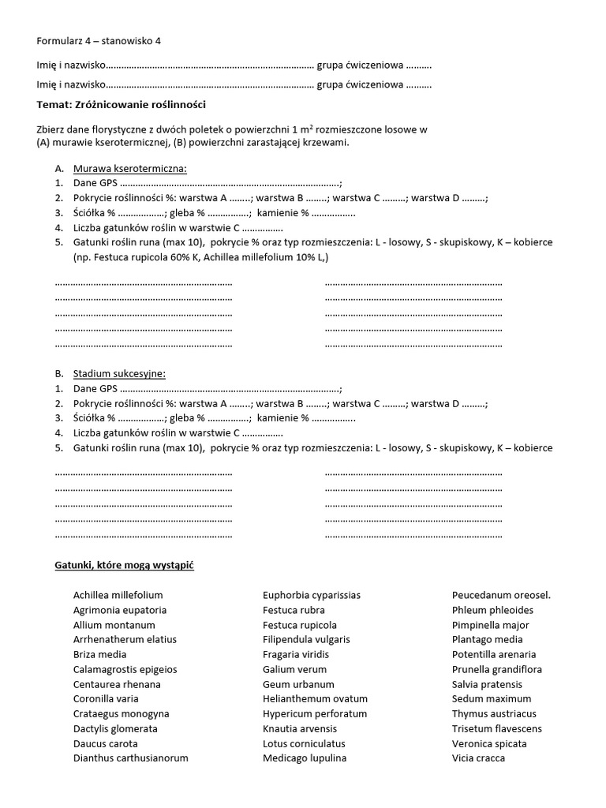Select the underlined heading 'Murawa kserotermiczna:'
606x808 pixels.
pyautogui.click(x=130, y=168)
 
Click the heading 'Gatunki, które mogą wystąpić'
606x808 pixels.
pyautogui.click(x=124, y=566)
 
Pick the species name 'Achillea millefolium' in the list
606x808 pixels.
pyautogui.click(x=118, y=595)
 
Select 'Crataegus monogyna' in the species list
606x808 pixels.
pyautogui.click(x=122, y=713)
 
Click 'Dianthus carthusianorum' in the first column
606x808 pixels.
pyautogui.click(x=131, y=758)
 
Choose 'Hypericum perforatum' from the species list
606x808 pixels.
pyautogui.click(x=315, y=713)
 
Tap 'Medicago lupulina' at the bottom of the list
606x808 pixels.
pyautogui.click(x=305, y=758)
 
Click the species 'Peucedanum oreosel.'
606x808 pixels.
pyautogui.click(x=501, y=595)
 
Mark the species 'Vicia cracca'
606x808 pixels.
pyautogui.click(x=478, y=758)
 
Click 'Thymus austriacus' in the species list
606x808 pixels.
pyautogui.click(x=494, y=713)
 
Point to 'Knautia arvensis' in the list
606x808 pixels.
pyautogui.click(x=301, y=728)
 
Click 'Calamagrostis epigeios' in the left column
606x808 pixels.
pyautogui.click(x=125, y=669)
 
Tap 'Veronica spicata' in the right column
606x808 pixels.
pyautogui.click(x=489, y=743)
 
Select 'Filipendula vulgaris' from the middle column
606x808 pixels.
pyautogui.click(x=306, y=639)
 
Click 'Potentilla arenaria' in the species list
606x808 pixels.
pyautogui.click(x=494, y=654)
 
